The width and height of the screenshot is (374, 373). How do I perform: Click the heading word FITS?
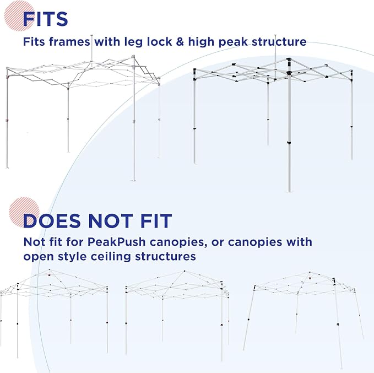tap(45, 19)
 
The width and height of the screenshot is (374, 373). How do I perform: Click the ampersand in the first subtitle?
tap(180, 41)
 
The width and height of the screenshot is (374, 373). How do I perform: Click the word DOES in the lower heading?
tap(52, 220)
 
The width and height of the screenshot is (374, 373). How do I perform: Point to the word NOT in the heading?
tap(110, 220)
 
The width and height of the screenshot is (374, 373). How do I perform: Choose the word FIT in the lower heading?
tap(156, 220)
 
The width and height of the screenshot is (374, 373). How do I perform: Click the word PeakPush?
tap(116, 242)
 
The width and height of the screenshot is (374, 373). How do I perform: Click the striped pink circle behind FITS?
tap(19, 16)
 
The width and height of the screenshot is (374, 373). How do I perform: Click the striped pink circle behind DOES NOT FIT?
tap(24, 212)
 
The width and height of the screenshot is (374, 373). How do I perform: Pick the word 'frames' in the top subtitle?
tap(69, 41)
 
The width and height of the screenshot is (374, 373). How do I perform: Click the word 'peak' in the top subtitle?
tap(233, 42)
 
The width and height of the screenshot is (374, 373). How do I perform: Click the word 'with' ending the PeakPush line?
tap(299, 242)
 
